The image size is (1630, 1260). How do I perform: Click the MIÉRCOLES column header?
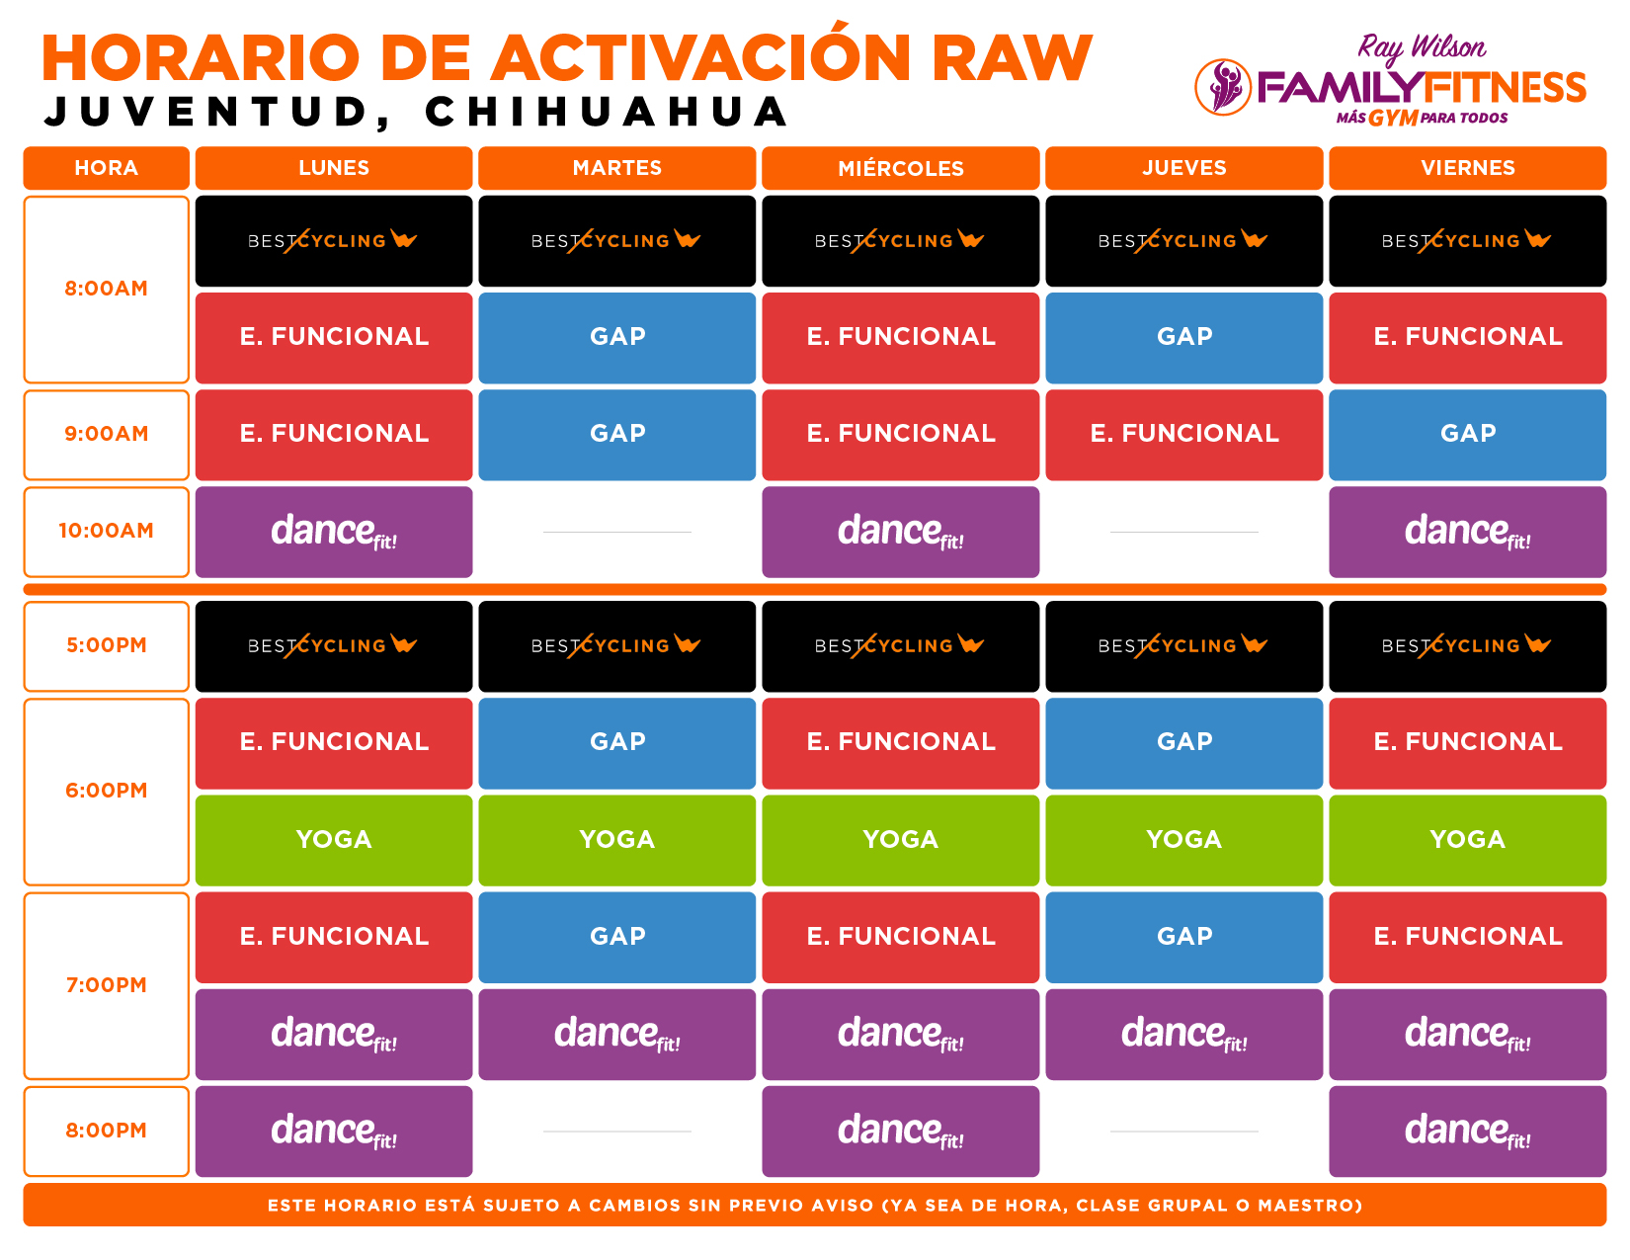click(x=900, y=168)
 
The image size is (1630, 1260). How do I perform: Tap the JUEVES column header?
click(x=1183, y=168)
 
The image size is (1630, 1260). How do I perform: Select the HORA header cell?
click(x=106, y=168)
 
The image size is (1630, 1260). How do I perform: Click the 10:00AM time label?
click(x=106, y=532)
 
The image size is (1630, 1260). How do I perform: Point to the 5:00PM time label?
click(x=106, y=645)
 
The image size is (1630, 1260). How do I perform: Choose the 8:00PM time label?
click(x=106, y=1131)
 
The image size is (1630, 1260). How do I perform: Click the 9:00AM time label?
click(x=106, y=434)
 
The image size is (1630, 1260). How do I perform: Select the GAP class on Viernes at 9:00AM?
click(x=1467, y=435)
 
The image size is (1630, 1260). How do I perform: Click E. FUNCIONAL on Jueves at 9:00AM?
click(x=1183, y=435)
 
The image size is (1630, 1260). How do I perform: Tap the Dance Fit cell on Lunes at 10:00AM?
click(x=334, y=532)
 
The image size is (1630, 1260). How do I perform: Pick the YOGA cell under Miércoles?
click(x=900, y=841)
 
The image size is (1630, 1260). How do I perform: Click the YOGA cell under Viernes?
click(x=1467, y=841)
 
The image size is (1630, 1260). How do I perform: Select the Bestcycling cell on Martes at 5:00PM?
click(x=616, y=646)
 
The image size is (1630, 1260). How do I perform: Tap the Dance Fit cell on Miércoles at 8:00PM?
click(x=900, y=1132)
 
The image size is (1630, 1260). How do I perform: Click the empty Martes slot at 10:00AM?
click(x=616, y=532)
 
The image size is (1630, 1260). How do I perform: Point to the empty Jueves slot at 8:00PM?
click(x=1183, y=1132)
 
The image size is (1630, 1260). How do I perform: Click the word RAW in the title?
click(x=1012, y=57)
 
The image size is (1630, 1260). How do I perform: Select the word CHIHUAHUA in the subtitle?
click(x=607, y=112)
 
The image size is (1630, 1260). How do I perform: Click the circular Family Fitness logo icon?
click(x=1223, y=88)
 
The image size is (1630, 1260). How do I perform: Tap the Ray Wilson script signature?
click(x=1421, y=48)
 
